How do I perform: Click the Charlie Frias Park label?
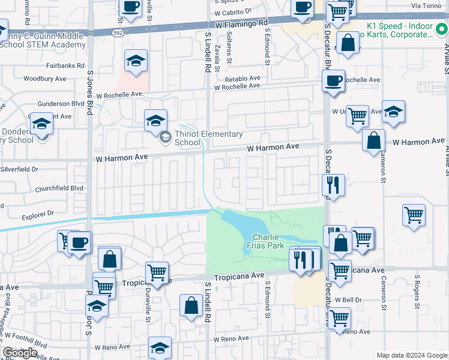click(x=267, y=241)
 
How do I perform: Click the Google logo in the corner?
click(x=20, y=353)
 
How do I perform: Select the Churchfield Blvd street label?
click(x=58, y=187)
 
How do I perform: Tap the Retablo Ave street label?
click(x=243, y=78)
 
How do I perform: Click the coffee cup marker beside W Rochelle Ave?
click(x=333, y=80)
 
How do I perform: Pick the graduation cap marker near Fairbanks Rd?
click(x=136, y=61)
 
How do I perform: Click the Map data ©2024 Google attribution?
click(x=411, y=355)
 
